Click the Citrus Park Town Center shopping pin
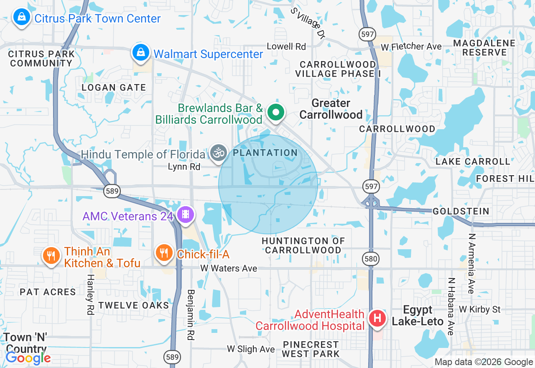point(20,18)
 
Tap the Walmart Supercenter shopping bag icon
point(141,53)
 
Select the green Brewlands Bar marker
point(275,112)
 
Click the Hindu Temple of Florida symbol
point(218,153)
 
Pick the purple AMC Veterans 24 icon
point(185,215)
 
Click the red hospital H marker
point(377,318)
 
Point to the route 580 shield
point(371,259)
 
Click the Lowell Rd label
point(286,46)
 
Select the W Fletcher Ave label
point(411,46)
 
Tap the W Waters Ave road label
point(229,268)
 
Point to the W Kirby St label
point(479,309)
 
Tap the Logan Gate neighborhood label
point(114,87)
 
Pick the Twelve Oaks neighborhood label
point(134,305)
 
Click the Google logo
point(28,358)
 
